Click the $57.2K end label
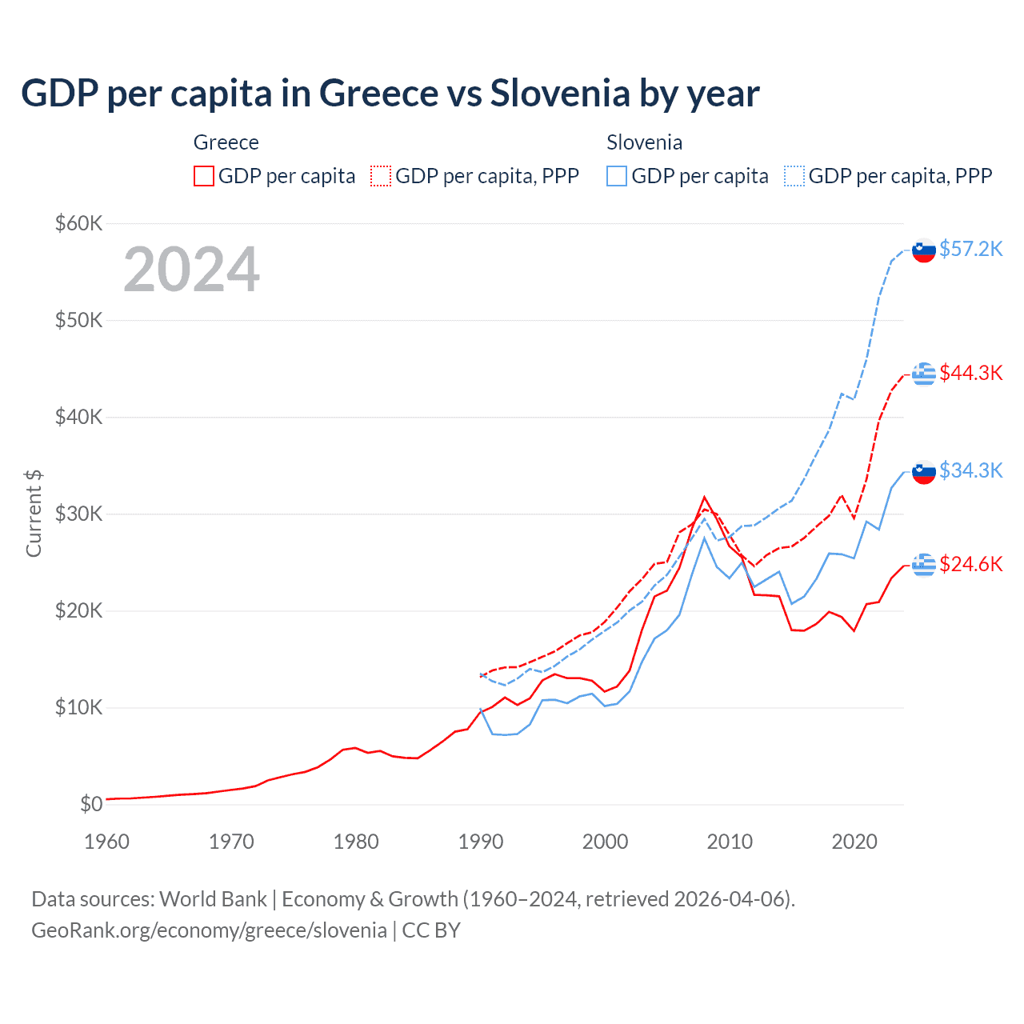[970, 249]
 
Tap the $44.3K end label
[970, 373]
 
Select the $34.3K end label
[970, 470]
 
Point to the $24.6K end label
[970, 564]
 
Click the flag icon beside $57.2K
[924, 250]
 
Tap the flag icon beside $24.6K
[924, 565]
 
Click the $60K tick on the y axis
[78, 223]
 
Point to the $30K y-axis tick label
[78, 514]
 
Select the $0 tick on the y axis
[91, 804]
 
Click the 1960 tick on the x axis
[106, 842]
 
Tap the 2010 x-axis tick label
[730, 842]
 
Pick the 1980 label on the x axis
[356, 842]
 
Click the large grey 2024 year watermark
[191, 270]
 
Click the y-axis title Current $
[34, 514]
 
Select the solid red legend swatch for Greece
[204, 176]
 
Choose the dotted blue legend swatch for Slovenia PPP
[794, 176]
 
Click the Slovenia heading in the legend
[644, 142]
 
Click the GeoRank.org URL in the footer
[209, 930]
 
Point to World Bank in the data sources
[213, 899]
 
